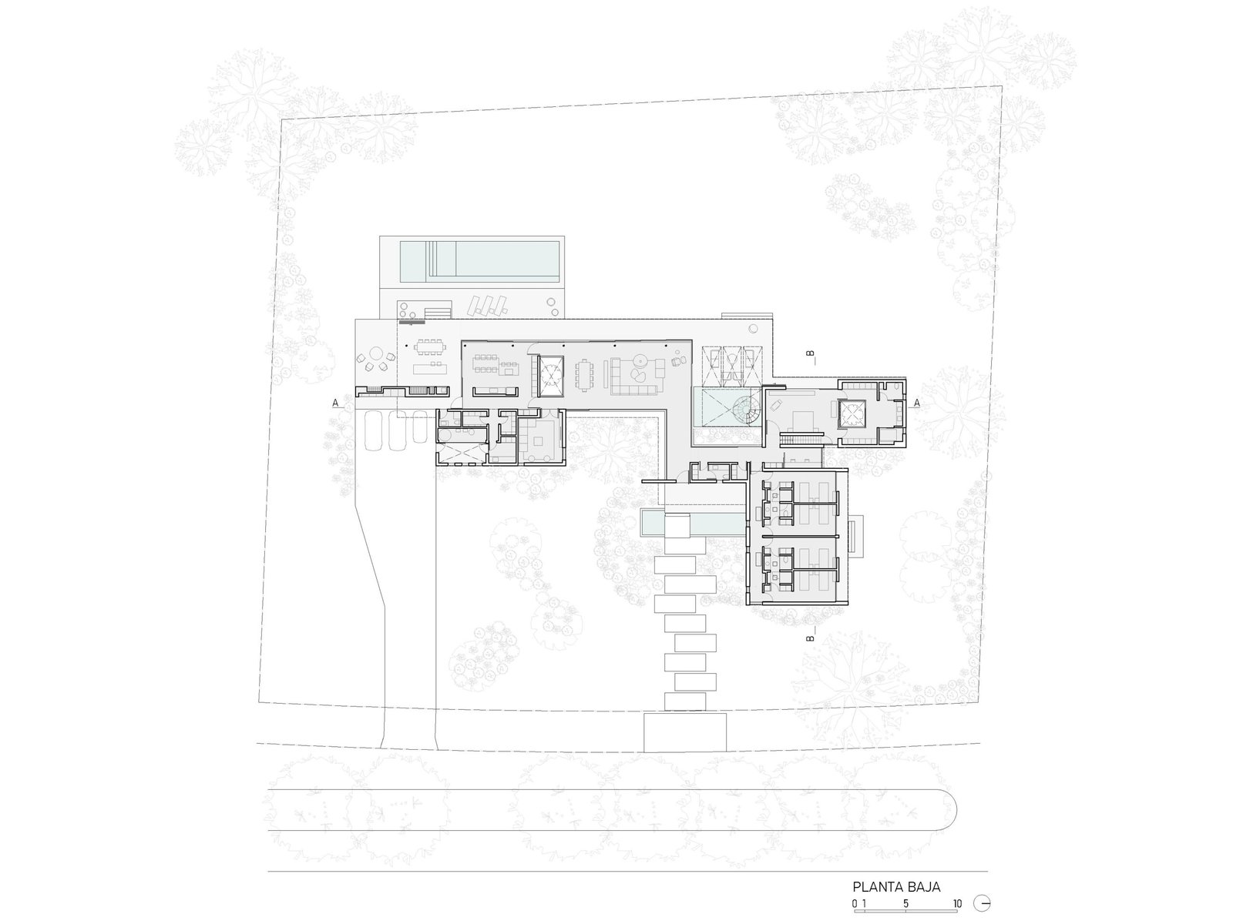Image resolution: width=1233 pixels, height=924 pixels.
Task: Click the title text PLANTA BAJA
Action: tap(896, 887)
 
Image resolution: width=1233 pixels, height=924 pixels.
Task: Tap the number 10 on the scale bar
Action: tap(957, 903)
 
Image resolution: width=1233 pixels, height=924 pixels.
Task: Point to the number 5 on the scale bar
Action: tap(906, 903)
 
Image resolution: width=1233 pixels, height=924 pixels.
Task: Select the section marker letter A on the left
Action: tap(335, 402)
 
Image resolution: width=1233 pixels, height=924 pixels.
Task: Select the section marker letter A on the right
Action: tap(917, 402)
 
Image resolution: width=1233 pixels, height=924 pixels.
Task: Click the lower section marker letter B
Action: tap(810, 638)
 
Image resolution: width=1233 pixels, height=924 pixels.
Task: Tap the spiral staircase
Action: tap(746, 411)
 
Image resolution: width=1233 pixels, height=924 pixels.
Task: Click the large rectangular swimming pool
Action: tap(480, 262)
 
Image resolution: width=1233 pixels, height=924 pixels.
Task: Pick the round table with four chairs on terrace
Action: tap(375, 360)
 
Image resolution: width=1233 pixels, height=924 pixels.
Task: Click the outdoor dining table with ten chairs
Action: tap(431, 348)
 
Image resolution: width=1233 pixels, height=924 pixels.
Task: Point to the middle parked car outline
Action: tap(398, 430)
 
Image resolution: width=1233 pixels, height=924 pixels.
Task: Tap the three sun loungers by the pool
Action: tap(486, 306)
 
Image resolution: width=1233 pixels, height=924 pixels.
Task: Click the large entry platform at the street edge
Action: tap(685, 732)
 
